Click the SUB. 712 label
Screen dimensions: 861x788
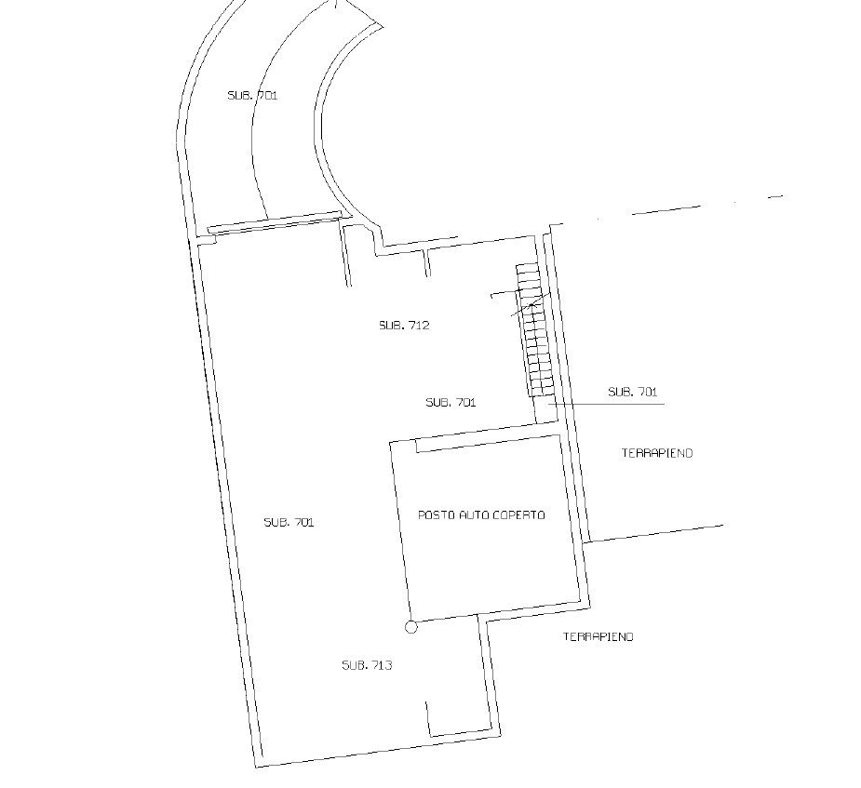(x=404, y=325)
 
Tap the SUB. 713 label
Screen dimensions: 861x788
(x=367, y=665)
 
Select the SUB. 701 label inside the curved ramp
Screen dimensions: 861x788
(x=252, y=95)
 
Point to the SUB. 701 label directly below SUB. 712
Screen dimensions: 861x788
(x=451, y=402)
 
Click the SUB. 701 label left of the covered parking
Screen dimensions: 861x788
(x=289, y=522)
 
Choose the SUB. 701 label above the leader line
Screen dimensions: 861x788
(x=633, y=392)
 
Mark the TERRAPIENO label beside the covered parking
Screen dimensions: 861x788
(x=657, y=453)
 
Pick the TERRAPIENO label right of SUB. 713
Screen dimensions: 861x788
(x=599, y=636)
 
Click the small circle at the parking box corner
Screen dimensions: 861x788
(x=410, y=627)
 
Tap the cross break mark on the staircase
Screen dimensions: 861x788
(x=531, y=303)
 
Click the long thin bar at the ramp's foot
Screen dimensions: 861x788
(x=272, y=221)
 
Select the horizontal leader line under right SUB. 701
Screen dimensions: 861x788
(x=606, y=404)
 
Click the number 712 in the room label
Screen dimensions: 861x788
(x=419, y=325)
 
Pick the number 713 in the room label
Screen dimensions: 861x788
(x=383, y=665)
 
